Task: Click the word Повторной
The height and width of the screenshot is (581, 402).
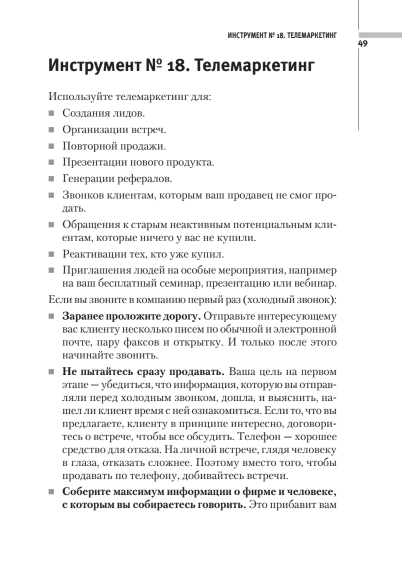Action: point(87,146)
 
